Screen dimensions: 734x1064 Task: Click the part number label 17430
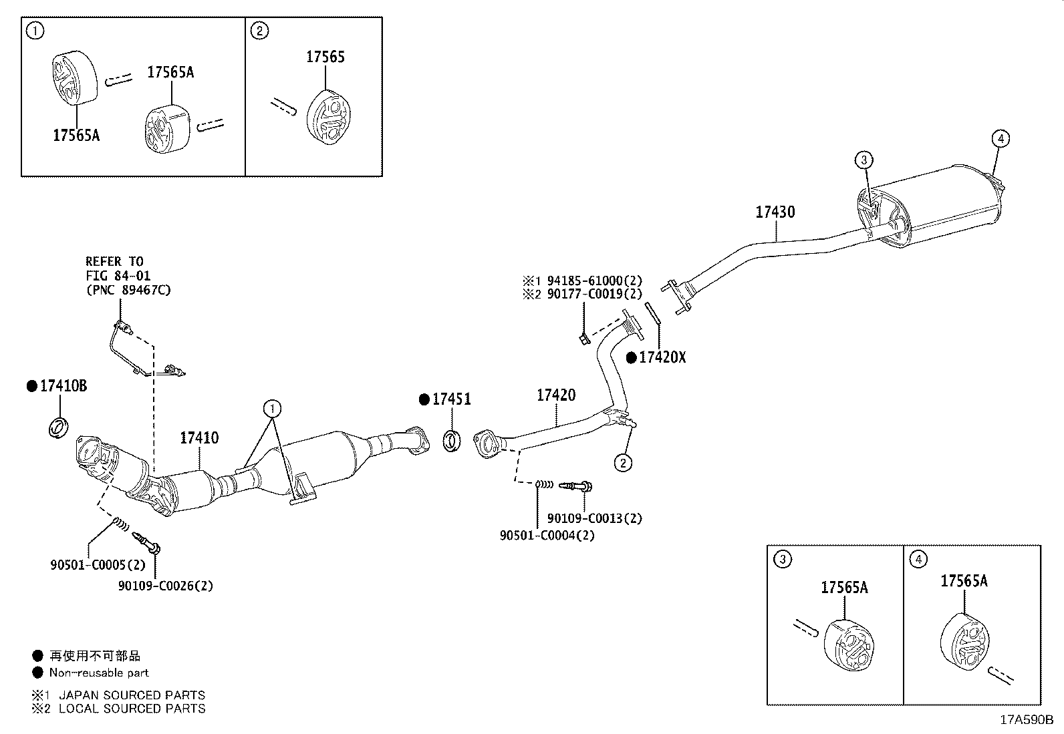[x=775, y=212]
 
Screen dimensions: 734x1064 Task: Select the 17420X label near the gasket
[x=662, y=357]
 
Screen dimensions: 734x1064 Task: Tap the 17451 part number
[x=451, y=399]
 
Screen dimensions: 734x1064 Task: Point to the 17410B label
[x=63, y=385]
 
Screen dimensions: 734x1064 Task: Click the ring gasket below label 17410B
[x=59, y=427]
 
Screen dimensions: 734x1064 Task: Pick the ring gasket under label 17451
[x=452, y=440]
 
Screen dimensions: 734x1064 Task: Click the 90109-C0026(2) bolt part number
[x=166, y=586]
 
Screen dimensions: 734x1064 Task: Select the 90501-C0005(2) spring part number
[x=98, y=565]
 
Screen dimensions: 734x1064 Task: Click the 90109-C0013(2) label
[x=594, y=518]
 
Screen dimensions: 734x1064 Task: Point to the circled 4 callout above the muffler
[x=1000, y=139]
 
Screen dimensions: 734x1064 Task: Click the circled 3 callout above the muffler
[x=863, y=160]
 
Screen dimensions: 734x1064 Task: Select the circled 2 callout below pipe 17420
[x=623, y=462]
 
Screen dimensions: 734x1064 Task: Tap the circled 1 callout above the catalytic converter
[x=272, y=408]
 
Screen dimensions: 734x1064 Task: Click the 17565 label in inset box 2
[x=325, y=57]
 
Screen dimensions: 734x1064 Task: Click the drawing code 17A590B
[x=1026, y=720]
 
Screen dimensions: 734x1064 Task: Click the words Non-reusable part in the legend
[x=99, y=673]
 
